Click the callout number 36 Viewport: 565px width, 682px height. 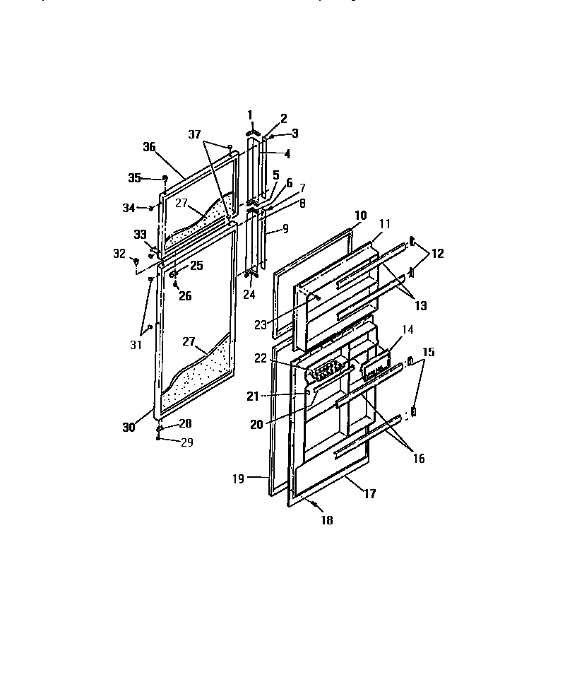pos(148,147)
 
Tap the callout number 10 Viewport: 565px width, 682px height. pos(360,214)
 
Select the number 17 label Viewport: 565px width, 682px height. pos(369,494)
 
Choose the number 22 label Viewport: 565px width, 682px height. pos(261,358)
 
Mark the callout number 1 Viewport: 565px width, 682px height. pos(249,114)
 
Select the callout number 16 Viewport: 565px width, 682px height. pos(419,459)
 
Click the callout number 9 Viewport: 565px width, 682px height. pos(284,229)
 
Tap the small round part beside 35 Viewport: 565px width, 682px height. pos(165,178)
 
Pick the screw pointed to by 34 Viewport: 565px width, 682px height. pos(152,208)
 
